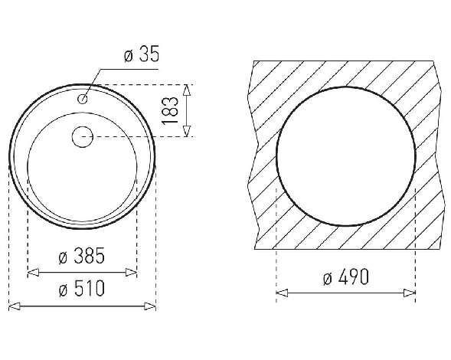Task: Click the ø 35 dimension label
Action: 142,54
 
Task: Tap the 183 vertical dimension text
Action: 170,110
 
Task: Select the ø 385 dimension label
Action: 81,256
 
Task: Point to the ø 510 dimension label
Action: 82,288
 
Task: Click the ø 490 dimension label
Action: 345,277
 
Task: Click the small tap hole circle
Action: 83,100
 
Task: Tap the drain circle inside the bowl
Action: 83,136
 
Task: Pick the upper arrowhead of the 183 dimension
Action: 187,90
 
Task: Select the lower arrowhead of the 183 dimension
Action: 187,131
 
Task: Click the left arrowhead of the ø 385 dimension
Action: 33,272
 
